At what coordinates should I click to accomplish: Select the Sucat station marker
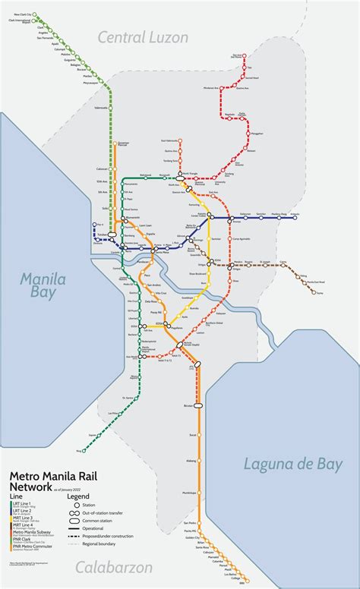(x=200, y=435)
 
